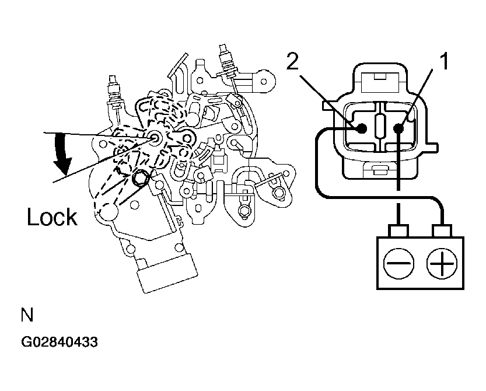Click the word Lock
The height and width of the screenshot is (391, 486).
[x=52, y=217]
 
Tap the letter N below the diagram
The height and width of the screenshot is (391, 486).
[x=27, y=315]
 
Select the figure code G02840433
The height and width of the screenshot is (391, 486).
[x=59, y=342]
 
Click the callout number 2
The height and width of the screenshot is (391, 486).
[x=292, y=61]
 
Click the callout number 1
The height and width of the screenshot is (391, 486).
[x=444, y=61]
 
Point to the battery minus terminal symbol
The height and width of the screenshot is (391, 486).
[x=398, y=263]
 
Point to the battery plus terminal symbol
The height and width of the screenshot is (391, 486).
[x=442, y=263]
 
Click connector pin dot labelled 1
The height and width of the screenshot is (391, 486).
[x=398, y=128]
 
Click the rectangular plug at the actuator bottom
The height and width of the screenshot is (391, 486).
[x=167, y=273]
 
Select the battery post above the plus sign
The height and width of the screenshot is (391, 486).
[x=442, y=231]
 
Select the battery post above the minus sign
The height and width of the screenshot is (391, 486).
[x=398, y=231]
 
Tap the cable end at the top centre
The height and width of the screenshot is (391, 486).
[x=226, y=58]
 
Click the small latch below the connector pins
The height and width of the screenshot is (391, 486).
[x=380, y=169]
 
